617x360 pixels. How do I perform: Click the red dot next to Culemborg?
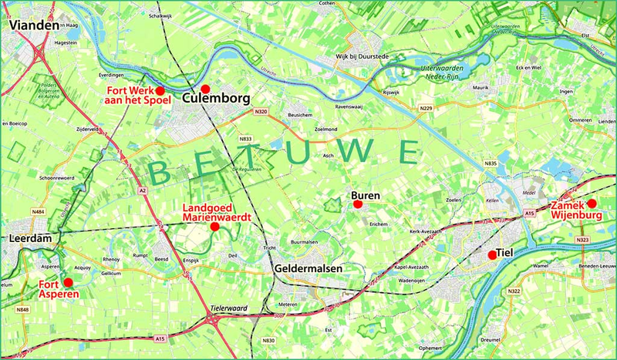206,89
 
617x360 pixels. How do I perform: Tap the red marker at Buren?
357,204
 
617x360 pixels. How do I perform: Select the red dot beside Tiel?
492,254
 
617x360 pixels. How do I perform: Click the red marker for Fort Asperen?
68,282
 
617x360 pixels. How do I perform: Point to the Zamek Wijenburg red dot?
592,203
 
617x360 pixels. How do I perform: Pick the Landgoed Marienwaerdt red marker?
214,226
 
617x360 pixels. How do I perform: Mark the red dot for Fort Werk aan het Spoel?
160,91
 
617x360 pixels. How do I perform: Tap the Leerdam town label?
29,239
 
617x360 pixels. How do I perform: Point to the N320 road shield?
261,112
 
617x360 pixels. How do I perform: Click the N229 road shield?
426,107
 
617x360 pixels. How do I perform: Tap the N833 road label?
246,139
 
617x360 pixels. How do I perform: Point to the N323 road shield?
582,240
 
